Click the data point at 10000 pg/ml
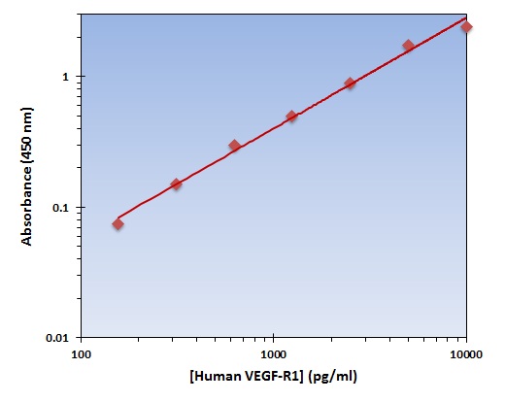466,26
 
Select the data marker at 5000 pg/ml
408,46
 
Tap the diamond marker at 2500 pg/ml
350,84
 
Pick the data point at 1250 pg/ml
291,117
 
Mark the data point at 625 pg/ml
234,146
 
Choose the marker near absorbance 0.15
176,184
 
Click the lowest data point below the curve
118,224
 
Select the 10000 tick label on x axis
466,353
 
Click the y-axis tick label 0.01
57,338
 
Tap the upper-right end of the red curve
467,17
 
